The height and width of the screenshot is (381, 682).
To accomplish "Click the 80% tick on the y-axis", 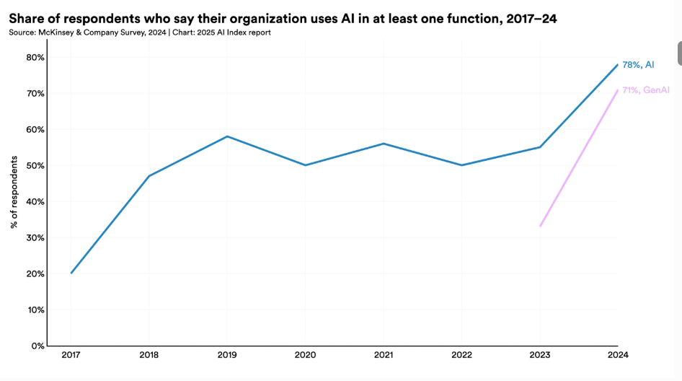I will [34, 57].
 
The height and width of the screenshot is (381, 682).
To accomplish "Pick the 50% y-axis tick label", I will [34, 165].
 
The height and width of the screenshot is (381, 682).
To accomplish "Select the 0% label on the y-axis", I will [37, 346].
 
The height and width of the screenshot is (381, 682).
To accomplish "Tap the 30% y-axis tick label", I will [34, 237].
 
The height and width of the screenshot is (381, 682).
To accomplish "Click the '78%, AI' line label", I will [638, 65].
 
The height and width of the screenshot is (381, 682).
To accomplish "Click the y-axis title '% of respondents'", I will [14, 191].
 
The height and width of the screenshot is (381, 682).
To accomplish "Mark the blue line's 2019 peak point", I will [227, 136].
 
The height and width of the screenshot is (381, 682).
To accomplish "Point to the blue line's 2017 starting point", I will [71, 273].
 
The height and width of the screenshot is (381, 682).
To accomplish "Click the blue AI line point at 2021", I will [383, 144].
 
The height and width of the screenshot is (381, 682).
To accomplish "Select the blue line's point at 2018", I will [149, 176].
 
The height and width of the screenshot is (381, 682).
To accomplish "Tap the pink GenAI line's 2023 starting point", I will [539, 227].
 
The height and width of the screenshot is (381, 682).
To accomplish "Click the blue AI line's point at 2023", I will [539, 147].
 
